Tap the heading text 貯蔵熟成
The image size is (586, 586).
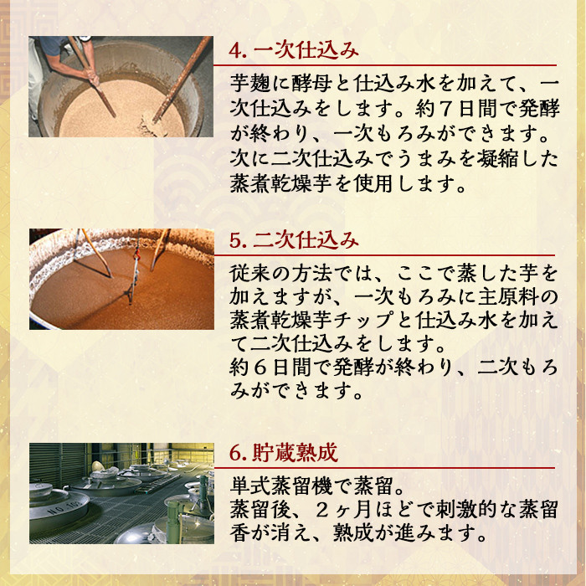(x=294, y=454)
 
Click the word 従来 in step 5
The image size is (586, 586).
(x=249, y=274)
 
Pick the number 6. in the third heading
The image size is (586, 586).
(x=238, y=454)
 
